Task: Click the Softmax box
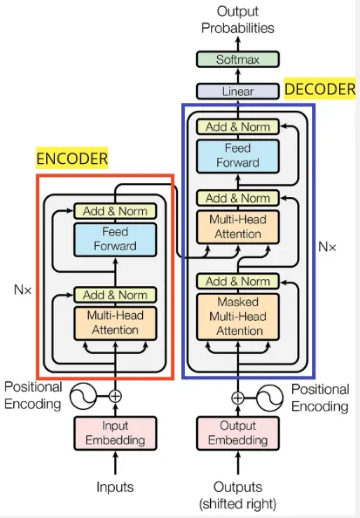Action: pos(238,60)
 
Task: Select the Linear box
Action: pos(238,90)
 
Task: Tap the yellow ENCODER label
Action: pos(72,159)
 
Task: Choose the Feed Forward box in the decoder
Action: pos(238,155)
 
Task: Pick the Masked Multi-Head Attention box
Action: pos(238,316)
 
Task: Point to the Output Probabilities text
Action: pos(238,19)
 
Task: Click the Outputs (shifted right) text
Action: pos(238,494)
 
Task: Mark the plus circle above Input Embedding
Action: pos(116,397)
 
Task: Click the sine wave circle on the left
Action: pos(84,397)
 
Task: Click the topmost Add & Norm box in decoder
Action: pos(238,126)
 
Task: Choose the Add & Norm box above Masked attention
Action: pos(238,281)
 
